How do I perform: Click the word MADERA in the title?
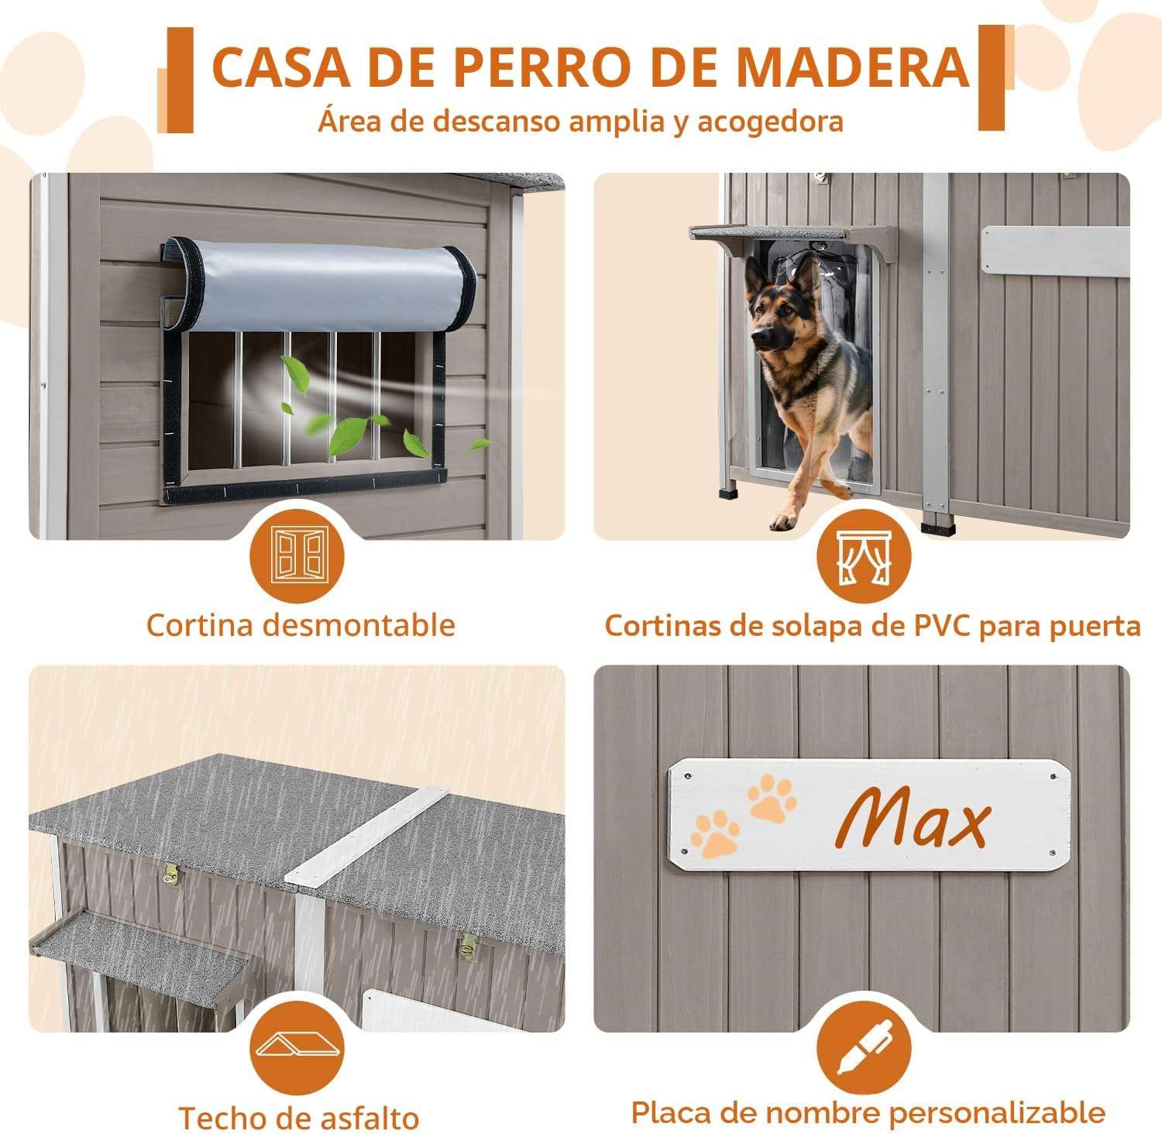(852, 67)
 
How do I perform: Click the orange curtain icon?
(864, 557)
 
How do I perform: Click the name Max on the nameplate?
(912, 816)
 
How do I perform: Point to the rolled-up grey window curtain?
(320, 286)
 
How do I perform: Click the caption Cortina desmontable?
(301, 625)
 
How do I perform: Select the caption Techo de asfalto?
(299, 1118)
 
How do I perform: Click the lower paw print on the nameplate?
(715, 833)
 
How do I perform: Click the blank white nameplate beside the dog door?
(1055, 250)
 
